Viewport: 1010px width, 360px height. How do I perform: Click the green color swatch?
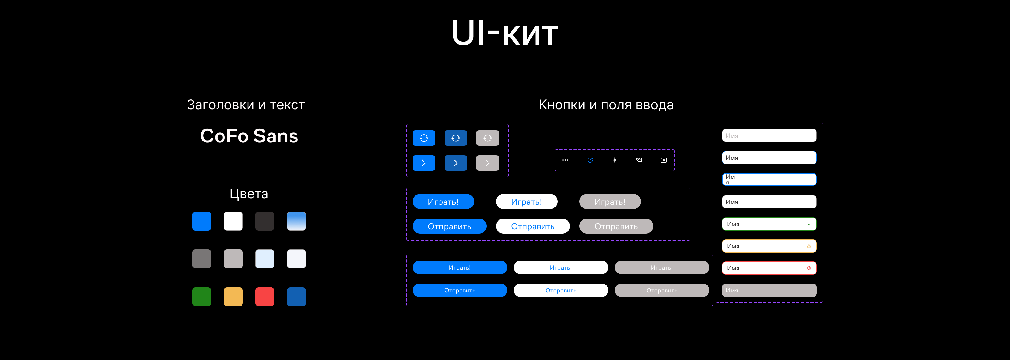click(201, 297)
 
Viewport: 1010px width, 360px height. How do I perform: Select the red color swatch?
click(265, 297)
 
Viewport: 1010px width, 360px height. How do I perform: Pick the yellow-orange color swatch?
click(233, 297)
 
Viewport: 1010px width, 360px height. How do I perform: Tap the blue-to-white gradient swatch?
click(296, 221)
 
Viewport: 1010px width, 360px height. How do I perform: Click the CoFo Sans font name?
click(249, 136)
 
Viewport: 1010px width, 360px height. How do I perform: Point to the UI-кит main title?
click(505, 33)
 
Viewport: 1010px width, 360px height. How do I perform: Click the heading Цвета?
click(249, 194)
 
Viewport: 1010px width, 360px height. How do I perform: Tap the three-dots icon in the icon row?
click(565, 160)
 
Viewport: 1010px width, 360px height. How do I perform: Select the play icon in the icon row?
click(664, 160)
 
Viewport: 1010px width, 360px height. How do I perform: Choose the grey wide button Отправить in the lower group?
click(661, 291)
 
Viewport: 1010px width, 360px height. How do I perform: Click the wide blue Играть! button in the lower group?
click(459, 268)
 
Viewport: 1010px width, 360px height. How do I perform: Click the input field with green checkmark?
click(769, 224)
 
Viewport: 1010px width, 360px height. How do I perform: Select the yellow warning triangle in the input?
click(809, 246)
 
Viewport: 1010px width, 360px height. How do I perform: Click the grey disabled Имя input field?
click(769, 291)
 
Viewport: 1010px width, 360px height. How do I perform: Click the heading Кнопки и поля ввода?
click(606, 105)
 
